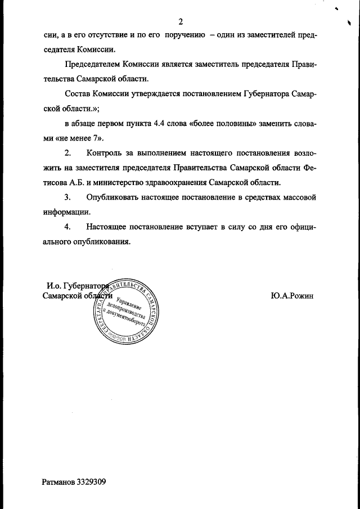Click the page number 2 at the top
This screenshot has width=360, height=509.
tap(181, 22)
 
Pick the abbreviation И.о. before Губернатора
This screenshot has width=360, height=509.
tap(55, 286)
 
